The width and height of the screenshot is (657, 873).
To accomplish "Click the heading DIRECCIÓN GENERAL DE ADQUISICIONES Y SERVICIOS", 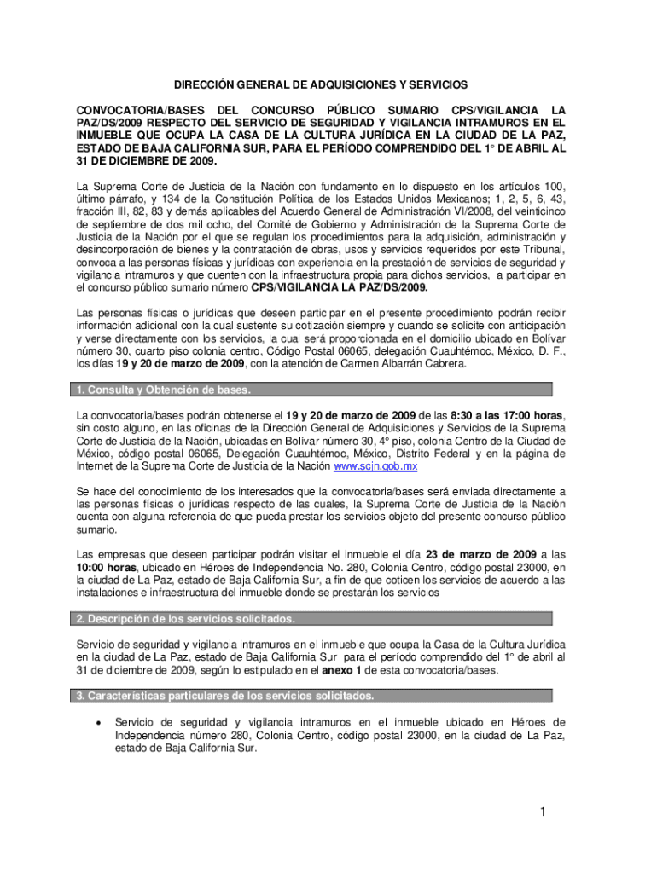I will tap(321, 86).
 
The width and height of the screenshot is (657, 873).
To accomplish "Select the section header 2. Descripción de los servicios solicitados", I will tap(186, 618).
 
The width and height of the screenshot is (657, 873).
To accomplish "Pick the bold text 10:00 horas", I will tap(109, 567).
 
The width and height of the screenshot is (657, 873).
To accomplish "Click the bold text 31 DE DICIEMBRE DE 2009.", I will tap(147, 161).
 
